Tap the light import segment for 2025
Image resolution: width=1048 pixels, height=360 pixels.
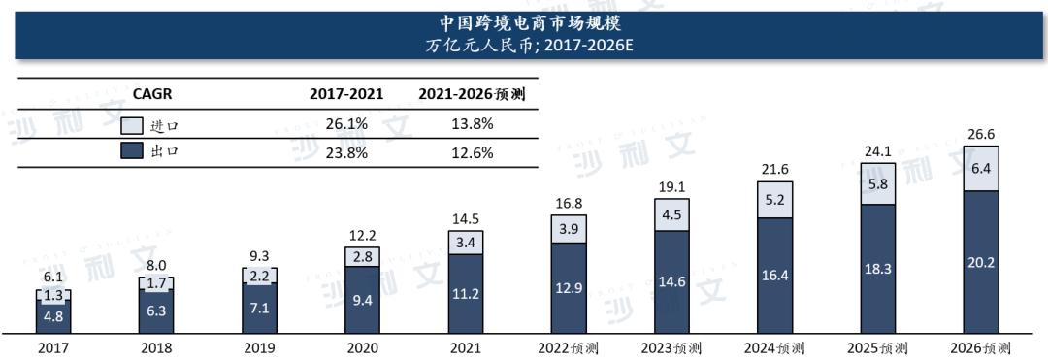point(878,183)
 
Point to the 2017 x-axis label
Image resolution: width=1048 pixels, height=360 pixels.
point(53,348)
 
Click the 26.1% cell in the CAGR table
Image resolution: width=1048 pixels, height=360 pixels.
point(346,124)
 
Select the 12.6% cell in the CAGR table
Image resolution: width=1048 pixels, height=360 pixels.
point(471,151)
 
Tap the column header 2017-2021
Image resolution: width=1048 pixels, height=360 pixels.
point(346,94)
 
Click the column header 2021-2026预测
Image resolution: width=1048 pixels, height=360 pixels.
point(472,94)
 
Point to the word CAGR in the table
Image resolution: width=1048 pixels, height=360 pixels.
point(151,94)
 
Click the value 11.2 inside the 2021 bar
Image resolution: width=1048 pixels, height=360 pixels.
point(466,293)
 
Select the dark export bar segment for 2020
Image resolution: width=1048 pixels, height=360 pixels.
point(363,299)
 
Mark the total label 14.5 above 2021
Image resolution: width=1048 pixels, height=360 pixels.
point(466,219)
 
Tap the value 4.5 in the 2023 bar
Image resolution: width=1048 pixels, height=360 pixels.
point(671,215)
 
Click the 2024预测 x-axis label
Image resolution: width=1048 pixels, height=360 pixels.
point(774,348)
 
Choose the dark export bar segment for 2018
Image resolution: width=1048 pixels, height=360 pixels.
point(156,312)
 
